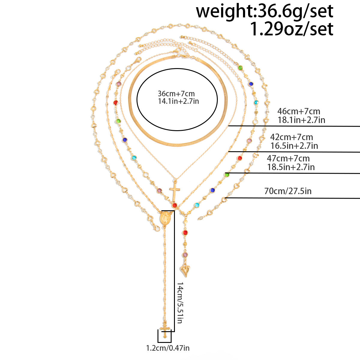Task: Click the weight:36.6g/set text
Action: tap(265, 11)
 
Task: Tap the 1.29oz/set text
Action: tap(291, 29)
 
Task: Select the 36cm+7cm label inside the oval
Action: tap(176, 93)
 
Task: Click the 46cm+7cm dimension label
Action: tap(299, 111)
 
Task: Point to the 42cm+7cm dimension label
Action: tap(291, 137)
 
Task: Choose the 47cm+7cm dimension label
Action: tap(288, 159)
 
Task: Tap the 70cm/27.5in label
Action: tap(288, 191)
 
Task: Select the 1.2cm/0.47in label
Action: tap(168, 348)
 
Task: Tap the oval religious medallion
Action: tap(165, 218)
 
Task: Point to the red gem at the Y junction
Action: tap(175, 205)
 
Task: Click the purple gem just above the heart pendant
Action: tap(185, 255)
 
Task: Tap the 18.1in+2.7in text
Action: tap(301, 120)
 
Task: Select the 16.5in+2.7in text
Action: tap(294, 146)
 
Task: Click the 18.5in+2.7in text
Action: tap(291, 167)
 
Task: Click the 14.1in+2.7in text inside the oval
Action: tap(178, 101)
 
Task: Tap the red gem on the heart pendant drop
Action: tap(185, 232)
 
